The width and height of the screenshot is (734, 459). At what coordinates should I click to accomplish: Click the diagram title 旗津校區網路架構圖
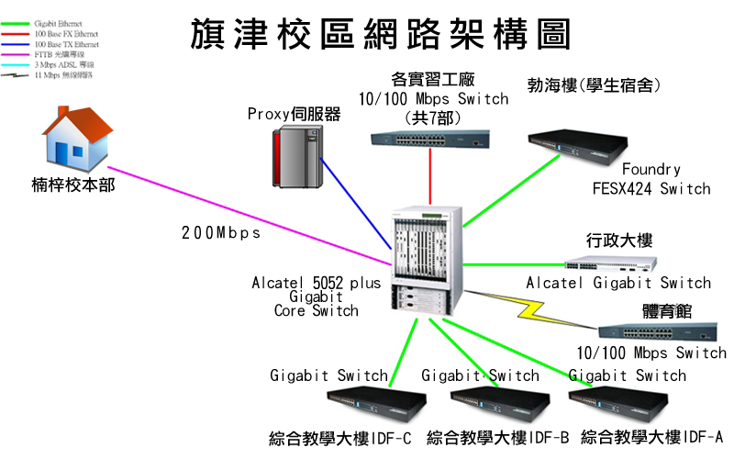380,35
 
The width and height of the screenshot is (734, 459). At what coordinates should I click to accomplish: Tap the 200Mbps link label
220,233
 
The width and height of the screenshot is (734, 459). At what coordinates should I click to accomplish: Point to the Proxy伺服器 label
294,115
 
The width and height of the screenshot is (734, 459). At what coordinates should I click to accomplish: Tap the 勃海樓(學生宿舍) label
595,85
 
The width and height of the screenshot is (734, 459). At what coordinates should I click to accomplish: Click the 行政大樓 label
619,241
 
